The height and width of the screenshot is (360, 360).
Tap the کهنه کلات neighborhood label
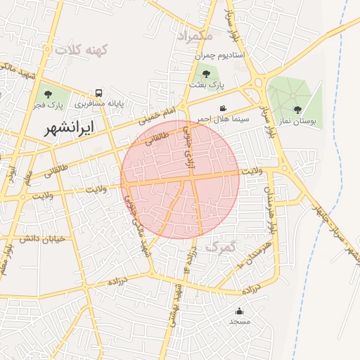tap(80, 50)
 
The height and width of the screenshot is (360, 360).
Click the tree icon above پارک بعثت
tap(206, 73)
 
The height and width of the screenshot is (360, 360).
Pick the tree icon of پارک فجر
tap(49, 94)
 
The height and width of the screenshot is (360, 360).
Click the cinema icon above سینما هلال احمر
tap(223, 108)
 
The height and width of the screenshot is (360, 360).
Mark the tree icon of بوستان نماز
tap(297, 109)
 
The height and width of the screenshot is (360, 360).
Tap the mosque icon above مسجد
tap(239, 311)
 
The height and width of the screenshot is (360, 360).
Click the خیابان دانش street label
tap(42, 238)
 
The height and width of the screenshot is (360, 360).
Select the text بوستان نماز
tap(297, 121)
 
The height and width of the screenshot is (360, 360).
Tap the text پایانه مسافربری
tap(101, 103)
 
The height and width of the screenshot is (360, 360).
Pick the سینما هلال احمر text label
tap(223, 119)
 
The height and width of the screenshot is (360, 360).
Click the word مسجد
tap(239, 321)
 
